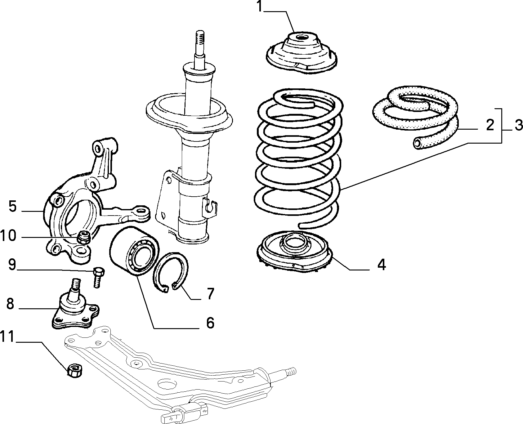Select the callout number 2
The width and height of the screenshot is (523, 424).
490,125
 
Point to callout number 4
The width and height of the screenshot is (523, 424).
382,265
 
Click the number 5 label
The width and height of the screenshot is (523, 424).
12,206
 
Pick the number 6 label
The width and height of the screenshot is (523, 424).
210,323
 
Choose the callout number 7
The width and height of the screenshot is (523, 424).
211,293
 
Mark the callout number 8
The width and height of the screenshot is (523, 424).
10,304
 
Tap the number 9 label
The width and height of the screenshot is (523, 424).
12,265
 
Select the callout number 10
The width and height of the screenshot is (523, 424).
8,236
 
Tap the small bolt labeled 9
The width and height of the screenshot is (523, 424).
98,277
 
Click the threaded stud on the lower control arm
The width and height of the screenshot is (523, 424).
290,371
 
